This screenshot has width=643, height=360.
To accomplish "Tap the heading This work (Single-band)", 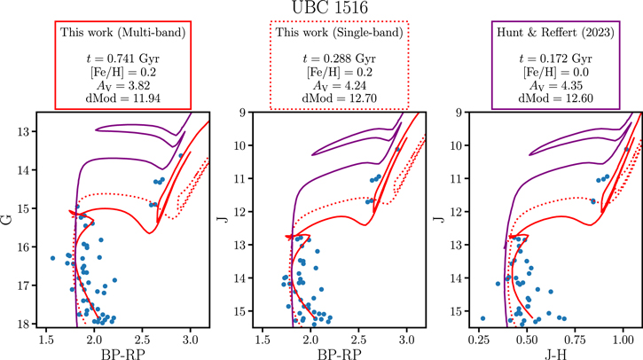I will click(x=341, y=33).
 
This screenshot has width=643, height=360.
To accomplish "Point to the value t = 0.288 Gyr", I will click(x=341, y=59).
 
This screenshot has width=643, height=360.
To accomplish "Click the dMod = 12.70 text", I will click(x=341, y=98).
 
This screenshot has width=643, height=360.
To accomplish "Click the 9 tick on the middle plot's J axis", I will click(x=243, y=113).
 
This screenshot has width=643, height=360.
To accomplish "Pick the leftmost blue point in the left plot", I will click(x=53, y=258).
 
